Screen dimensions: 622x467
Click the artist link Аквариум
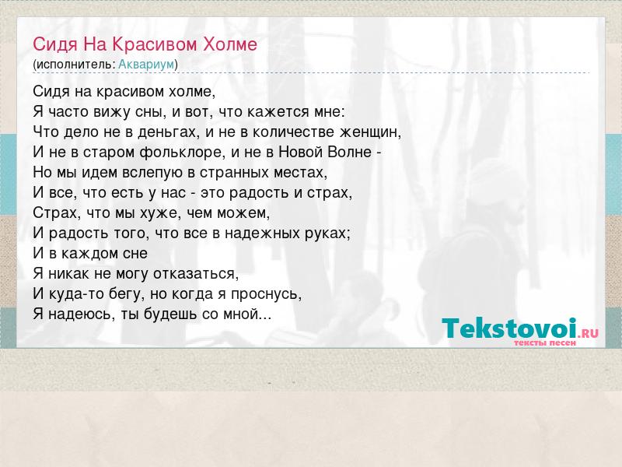coord(146,64)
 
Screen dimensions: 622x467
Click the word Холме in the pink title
coord(230,44)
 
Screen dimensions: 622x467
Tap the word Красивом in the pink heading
coord(155,44)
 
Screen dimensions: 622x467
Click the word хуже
coord(159,212)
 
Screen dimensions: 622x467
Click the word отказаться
coord(196,273)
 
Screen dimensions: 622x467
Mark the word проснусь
coord(266,294)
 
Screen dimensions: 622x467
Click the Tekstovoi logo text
coord(509,328)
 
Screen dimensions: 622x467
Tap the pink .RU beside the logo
coord(588,333)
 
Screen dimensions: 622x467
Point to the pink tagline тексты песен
coord(545,342)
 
